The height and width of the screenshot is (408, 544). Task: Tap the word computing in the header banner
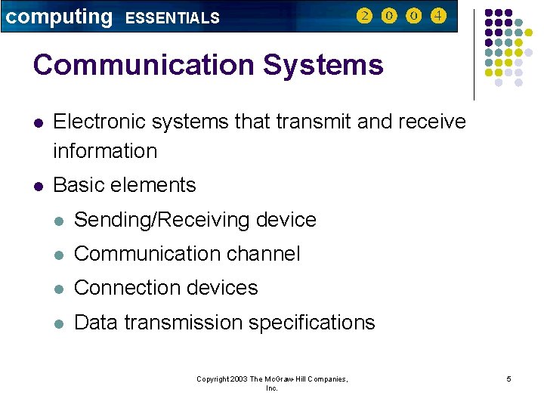tap(58, 17)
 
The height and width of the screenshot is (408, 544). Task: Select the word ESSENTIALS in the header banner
tap(172, 18)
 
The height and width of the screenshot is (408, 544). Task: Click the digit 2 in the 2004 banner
tap(365, 16)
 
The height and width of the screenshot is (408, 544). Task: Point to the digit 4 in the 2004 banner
tap(437, 16)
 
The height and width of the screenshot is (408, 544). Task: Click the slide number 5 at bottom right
tap(508, 379)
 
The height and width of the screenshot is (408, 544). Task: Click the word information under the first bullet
tap(105, 151)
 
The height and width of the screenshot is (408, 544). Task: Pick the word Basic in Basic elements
tap(77, 185)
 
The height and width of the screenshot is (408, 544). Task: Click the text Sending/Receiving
tap(162, 220)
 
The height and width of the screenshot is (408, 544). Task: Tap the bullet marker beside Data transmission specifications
tap(58, 323)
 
